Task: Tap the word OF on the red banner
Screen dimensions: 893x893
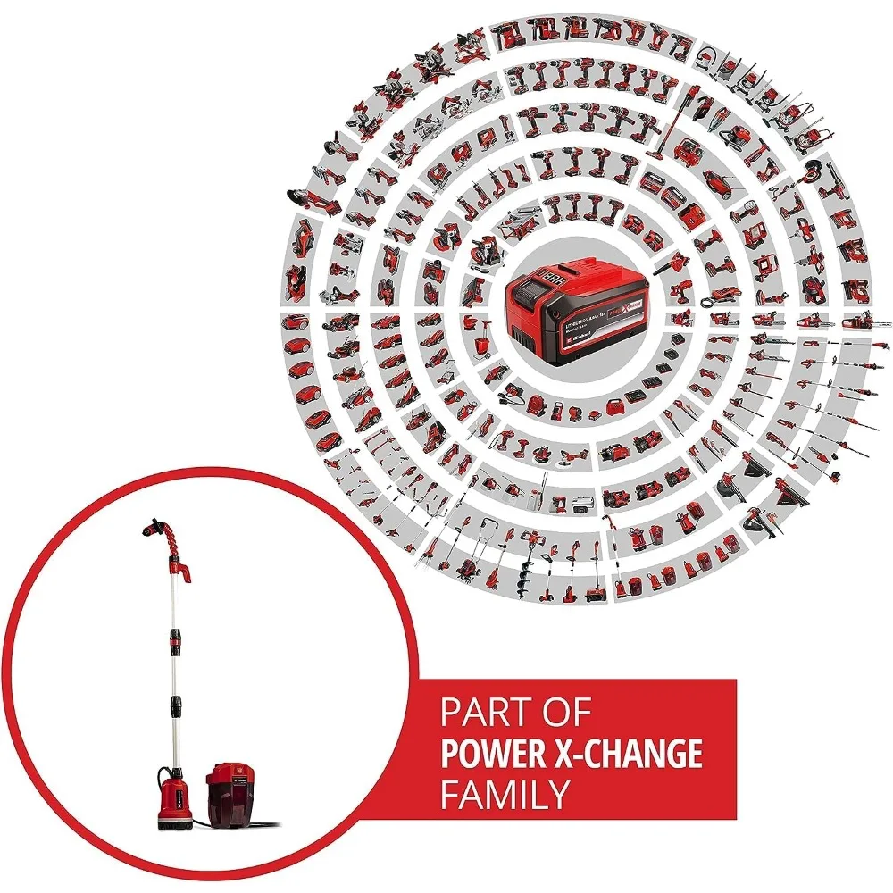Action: coord(565,714)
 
